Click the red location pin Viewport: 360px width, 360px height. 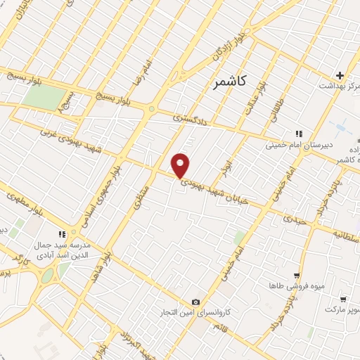pos(181,165)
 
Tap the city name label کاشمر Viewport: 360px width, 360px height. pos(229,83)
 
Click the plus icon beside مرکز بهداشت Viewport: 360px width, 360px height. pos(340,75)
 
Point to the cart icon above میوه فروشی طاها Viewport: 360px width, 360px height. pos(297,276)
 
